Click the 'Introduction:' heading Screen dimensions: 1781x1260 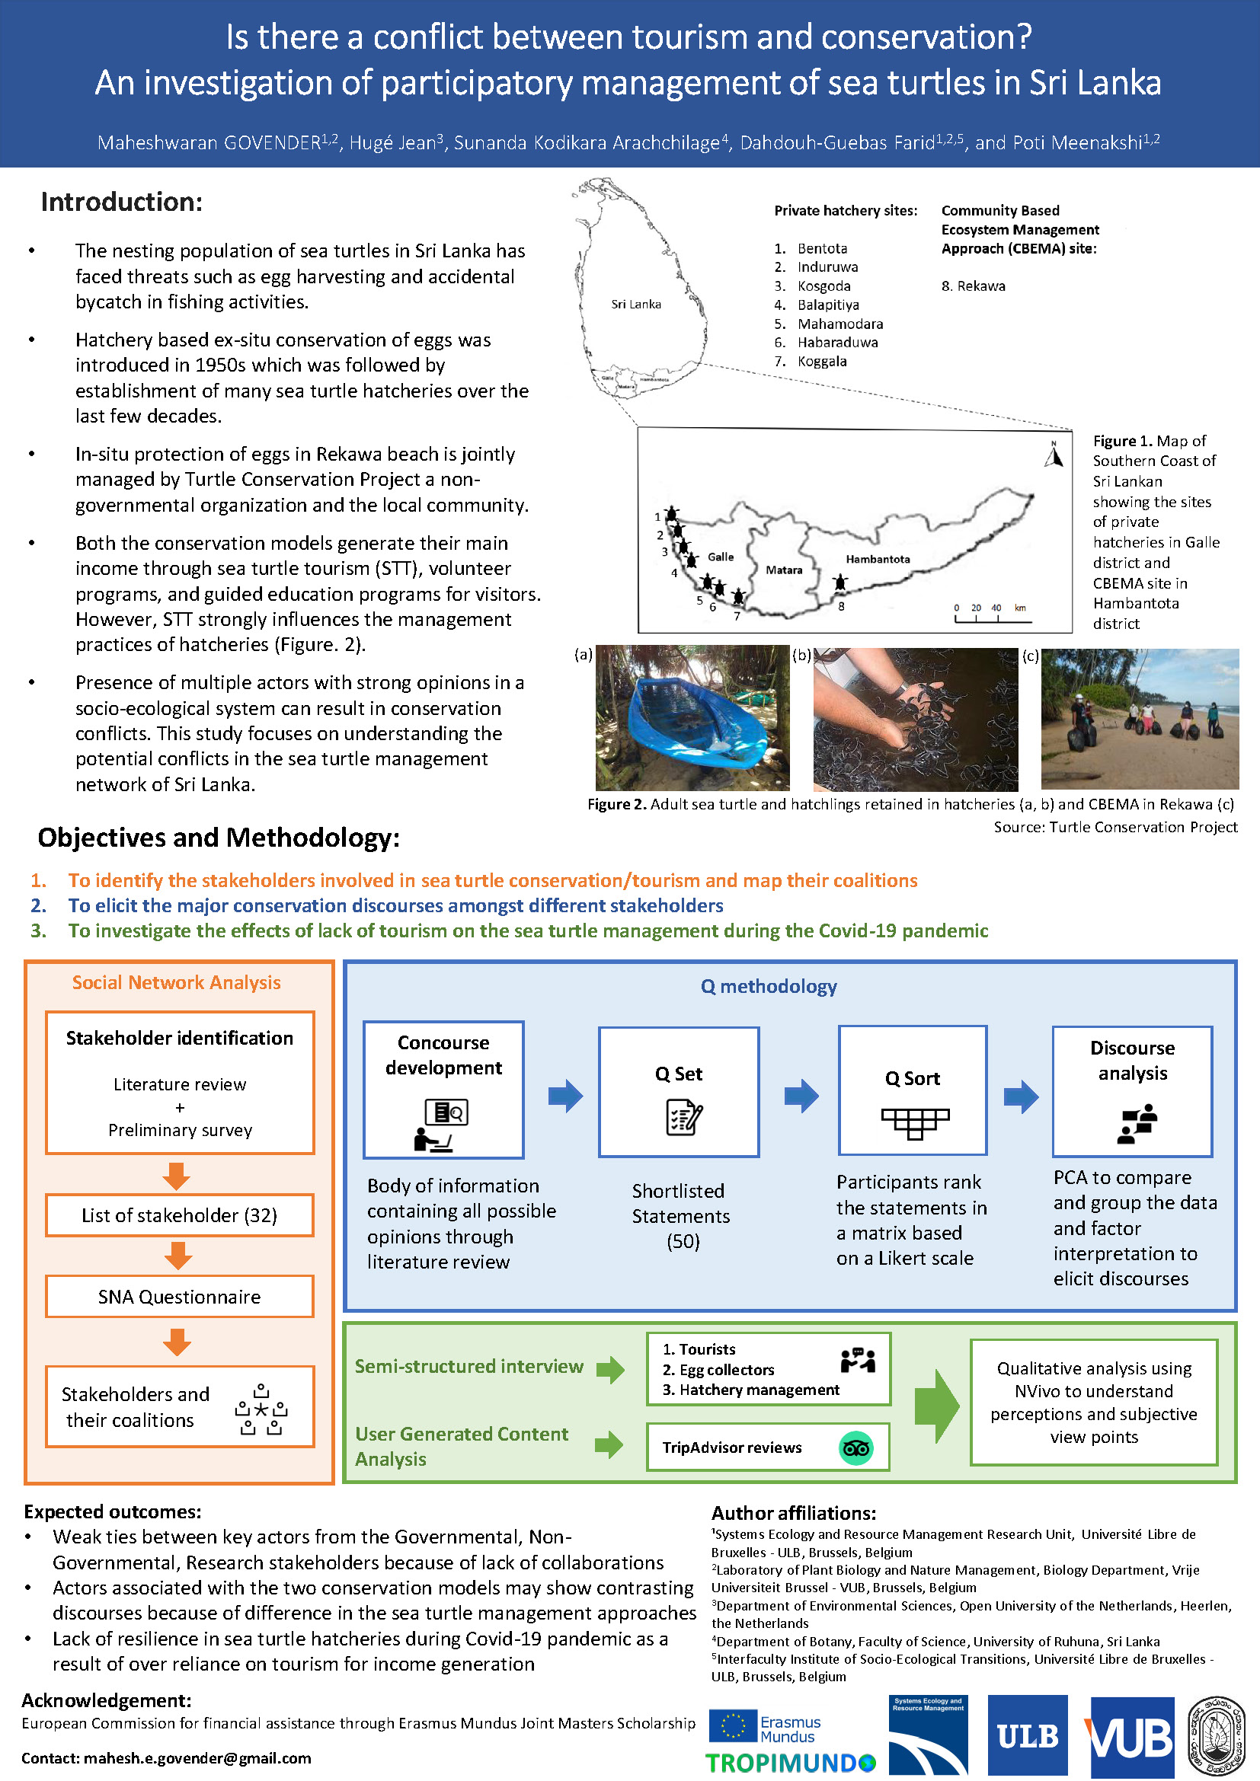tap(122, 202)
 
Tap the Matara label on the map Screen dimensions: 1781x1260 tap(784, 570)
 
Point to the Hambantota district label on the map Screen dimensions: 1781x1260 tap(878, 560)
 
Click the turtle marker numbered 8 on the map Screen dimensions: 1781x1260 tap(840, 582)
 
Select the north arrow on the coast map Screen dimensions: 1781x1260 tap(1053, 455)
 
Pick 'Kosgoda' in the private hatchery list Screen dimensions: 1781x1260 tap(824, 286)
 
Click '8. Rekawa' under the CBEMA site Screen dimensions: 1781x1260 tap(973, 286)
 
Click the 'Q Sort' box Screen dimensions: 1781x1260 tap(913, 1090)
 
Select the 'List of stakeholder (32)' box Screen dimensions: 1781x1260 tap(179, 1214)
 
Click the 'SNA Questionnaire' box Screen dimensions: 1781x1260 tap(179, 1296)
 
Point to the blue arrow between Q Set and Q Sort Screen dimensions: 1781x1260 tap(801, 1095)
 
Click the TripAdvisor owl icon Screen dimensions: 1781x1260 tap(855, 1447)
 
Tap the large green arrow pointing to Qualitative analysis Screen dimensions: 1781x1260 tap(937, 1406)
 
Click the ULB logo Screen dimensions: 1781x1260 tap(1027, 1736)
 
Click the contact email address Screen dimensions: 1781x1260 tap(197, 1758)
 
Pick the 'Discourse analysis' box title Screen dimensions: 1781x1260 tap(1132, 1061)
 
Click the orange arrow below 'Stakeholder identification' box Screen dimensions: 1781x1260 tap(177, 1176)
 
